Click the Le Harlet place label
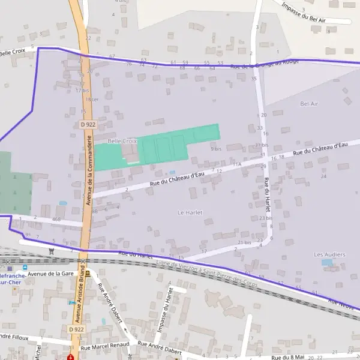click(190, 212)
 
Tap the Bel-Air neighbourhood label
click(308, 104)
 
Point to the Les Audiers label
click(329, 254)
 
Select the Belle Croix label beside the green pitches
click(122, 141)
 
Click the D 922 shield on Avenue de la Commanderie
click(88, 124)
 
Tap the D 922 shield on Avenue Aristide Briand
click(76, 329)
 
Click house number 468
click(56, 220)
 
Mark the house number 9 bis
click(216, 148)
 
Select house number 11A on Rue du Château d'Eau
click(236, 164)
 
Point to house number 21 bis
click(244, 242)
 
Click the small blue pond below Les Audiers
click(326, 263)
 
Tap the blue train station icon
click(25, 268)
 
